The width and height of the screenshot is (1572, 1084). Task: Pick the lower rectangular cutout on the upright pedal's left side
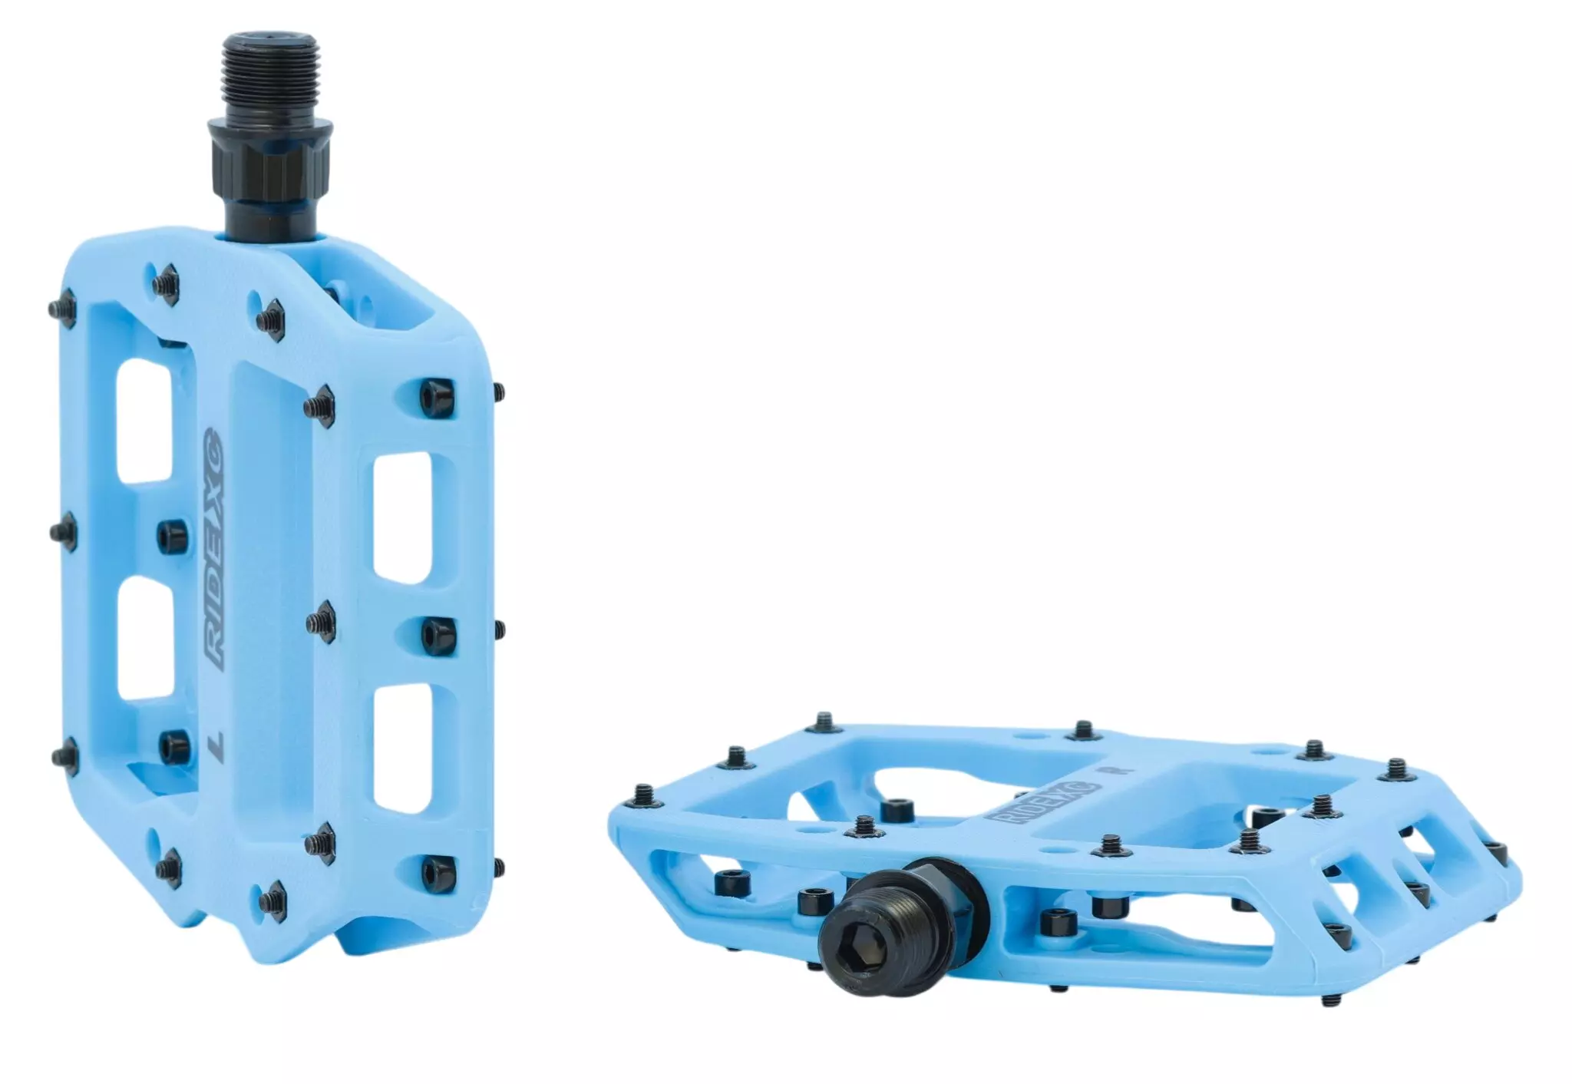pyautogui.click(x=144, y=640)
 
